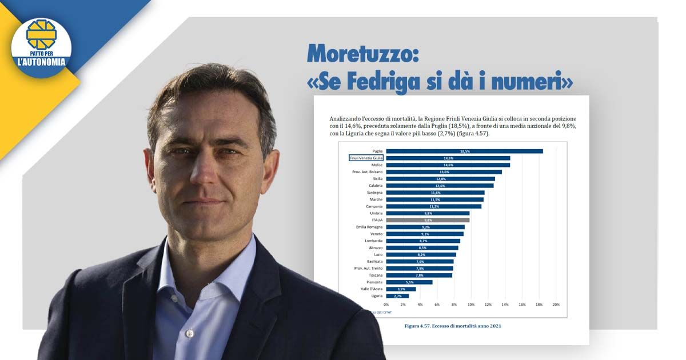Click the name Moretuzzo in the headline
point(364,53)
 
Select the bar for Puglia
point(464,151)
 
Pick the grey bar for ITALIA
point(428,220)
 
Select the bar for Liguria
point(397,296)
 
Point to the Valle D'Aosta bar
point(401,289)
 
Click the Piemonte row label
point(374,282)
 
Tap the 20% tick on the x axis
point(556,305)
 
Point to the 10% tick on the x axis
point(471,305)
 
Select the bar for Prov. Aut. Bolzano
point(444,171)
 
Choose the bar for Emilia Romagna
point(425,227)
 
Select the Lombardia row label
point(373,241)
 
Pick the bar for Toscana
point(418,275)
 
